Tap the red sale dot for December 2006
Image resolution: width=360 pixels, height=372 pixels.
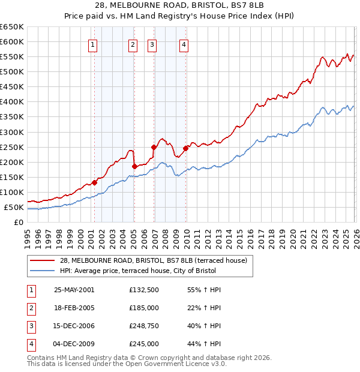pyautogui.click(x=154, y=147)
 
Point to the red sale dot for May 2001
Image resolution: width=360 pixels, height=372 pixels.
pyautogui.click(x=94, y=182)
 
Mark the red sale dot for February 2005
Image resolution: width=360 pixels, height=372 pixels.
pyautogui.click(x=134, y=166)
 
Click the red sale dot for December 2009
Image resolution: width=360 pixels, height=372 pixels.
pyautogui.click(x=186, y=148)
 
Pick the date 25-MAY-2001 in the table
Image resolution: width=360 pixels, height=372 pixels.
pyautogui.click(x=74, y=290)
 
